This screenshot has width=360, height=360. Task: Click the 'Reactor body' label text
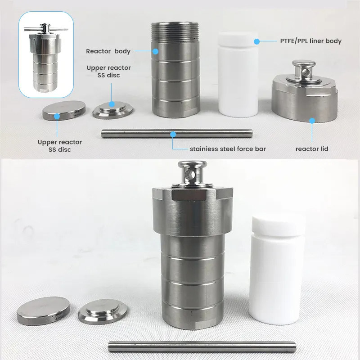[108, 51]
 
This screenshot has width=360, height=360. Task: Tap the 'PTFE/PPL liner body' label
[311, 41]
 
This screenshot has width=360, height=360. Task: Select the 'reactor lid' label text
[312, 149]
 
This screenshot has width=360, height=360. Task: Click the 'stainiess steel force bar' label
[228, 149]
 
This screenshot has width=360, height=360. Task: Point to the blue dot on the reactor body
[155, 51]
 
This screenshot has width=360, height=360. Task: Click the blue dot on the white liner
[256, 41]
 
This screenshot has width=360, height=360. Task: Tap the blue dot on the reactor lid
[312, 121]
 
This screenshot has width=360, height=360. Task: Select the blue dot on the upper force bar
[173, 134]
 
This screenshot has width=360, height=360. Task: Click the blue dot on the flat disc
[57, 116]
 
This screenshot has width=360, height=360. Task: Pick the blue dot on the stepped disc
[112, 104]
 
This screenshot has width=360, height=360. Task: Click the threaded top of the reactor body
[175, 31]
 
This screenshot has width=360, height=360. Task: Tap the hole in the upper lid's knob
[305, 72]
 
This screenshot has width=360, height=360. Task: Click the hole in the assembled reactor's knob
[190, 175]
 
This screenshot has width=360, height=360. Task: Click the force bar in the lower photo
[202, 346]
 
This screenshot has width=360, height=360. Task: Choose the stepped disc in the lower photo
[103, 311]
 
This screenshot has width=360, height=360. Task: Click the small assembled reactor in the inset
[46, 58]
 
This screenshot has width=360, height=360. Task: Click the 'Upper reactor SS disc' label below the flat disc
[60, 146]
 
